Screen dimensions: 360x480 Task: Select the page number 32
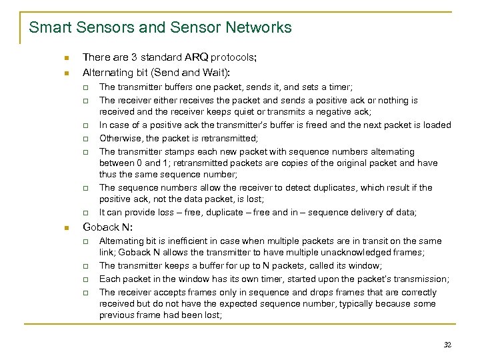[447, 345]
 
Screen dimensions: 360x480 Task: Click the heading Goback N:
[107, 227]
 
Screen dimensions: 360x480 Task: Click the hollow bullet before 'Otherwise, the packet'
[86, 139]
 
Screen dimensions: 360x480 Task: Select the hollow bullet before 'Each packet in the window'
[86, 279]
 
